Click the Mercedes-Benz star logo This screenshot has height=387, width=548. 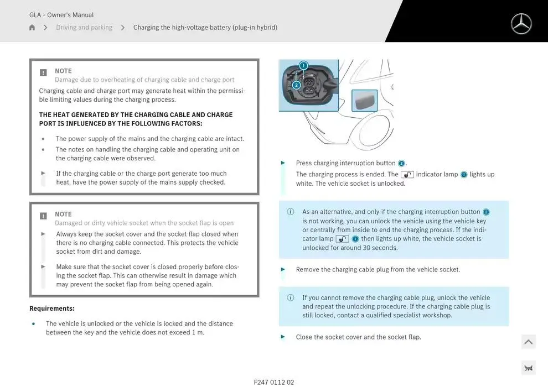click(x=520, y=24)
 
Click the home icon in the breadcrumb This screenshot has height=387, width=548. click(x=32, y=28)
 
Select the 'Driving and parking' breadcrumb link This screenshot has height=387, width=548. click(x=84, y=28)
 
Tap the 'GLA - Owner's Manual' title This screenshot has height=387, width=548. click(x=61, y=15)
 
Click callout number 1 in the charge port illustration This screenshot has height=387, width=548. click(x=303, y=66)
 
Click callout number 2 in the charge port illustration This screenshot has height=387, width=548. click(x=296, y=85)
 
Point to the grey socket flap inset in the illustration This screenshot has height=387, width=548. click(x=364, y=101)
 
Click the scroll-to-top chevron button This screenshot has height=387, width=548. click(x=528, y=342)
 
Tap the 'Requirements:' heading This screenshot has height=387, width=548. click(x=52, y=308)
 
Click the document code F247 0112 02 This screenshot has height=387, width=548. click(x=274, y=382)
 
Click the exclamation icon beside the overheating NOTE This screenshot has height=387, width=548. click(x=44, y=72)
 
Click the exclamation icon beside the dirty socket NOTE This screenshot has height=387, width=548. click(x=44, y=216)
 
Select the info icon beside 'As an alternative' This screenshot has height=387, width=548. click(x=291, y=212)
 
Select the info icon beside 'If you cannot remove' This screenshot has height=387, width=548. click(x=291, y=297)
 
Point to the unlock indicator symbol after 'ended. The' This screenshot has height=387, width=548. click(x=407, y=175)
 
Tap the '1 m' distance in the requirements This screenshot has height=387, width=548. click(x=198, y=332)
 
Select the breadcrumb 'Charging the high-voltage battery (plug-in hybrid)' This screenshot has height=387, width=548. click(x=205, y=28)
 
